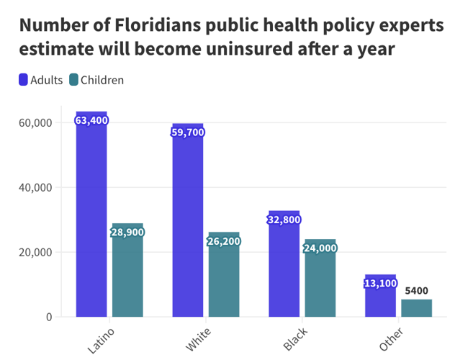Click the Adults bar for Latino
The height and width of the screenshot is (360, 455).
(91, 216)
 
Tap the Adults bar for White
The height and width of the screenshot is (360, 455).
(187, 223)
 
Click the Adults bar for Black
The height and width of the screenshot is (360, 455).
(284, 266)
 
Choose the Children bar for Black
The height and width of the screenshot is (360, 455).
(320, 281)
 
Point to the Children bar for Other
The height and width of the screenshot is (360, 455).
(416, 308)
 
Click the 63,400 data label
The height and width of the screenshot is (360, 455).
(91, 120)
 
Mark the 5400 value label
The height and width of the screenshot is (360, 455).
(417, 291)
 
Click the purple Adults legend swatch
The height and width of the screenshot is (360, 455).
(23, 80)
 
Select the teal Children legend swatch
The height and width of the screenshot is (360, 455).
(73, 80)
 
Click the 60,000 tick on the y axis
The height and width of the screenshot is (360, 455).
(34, 123)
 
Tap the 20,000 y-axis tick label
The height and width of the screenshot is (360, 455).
(34, 253)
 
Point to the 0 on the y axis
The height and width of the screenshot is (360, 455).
(48, 317)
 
